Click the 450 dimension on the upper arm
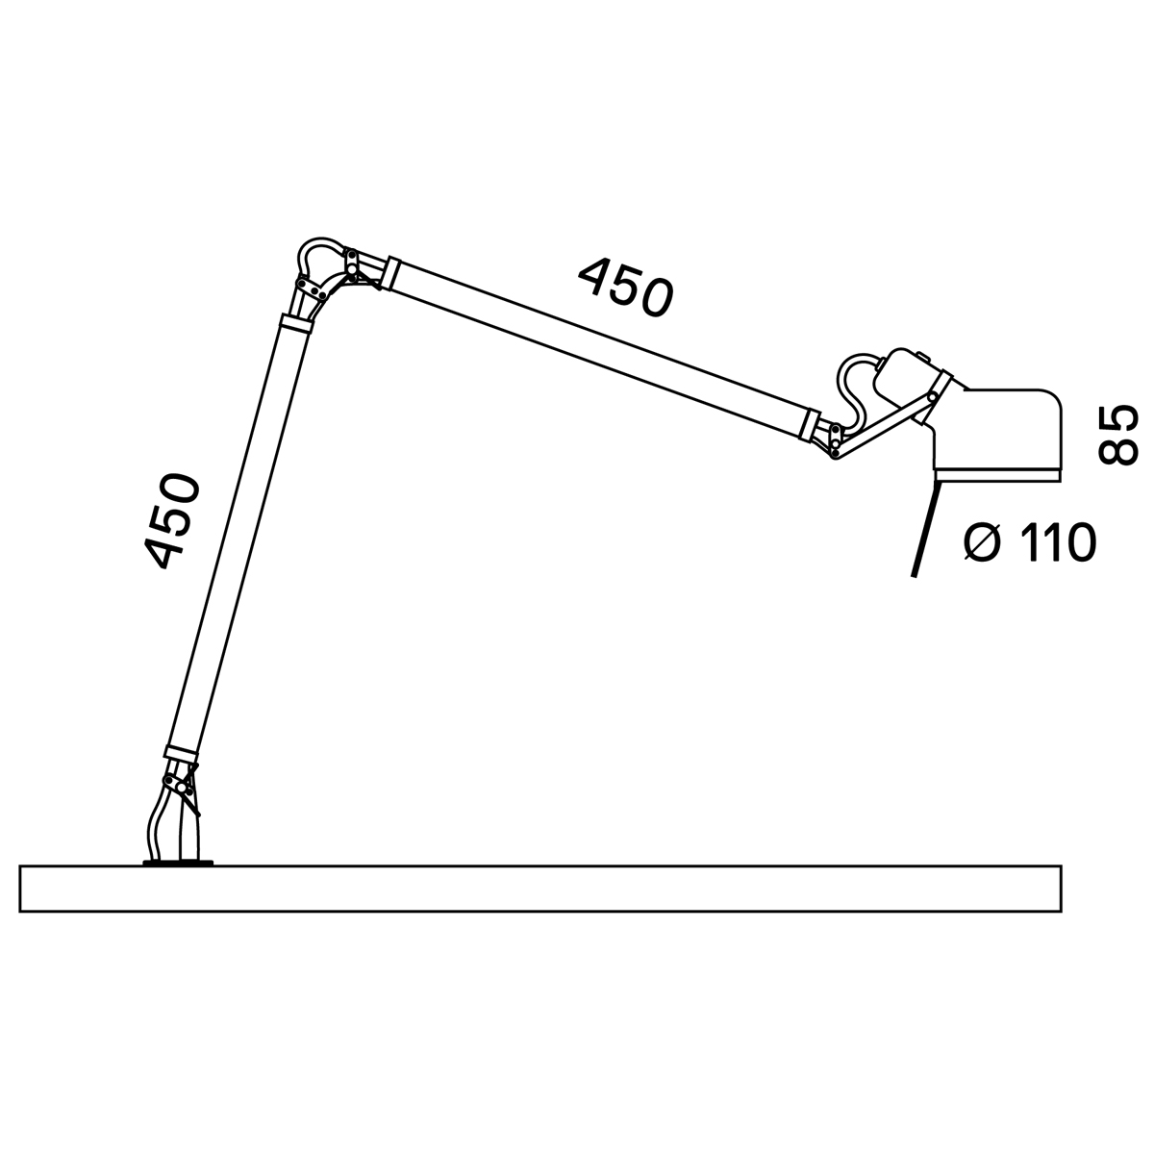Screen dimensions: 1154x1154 pos(625,288)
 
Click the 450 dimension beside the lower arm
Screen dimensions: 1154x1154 pos(171,520)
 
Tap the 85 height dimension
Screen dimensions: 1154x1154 pos(1116,434)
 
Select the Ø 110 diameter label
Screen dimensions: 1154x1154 pos(1030,542)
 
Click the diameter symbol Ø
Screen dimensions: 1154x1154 pos(983,543)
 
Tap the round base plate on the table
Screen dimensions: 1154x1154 pos(177,863)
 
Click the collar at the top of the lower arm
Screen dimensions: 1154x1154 pos(297,323)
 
